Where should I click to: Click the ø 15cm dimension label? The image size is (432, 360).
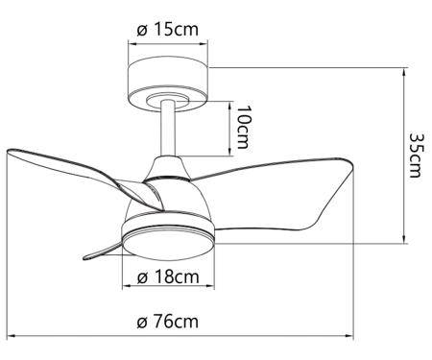[168, 29]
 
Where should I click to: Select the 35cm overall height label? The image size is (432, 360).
[416, 155]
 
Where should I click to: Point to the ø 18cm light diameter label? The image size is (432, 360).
[168, 277]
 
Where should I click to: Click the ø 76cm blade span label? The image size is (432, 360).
[168, 321]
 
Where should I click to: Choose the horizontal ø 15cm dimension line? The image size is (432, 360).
[168, 41]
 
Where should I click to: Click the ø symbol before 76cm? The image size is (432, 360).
[141, 321]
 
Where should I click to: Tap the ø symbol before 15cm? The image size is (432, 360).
[141, 29]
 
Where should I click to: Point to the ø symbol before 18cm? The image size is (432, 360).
[141, 277]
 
